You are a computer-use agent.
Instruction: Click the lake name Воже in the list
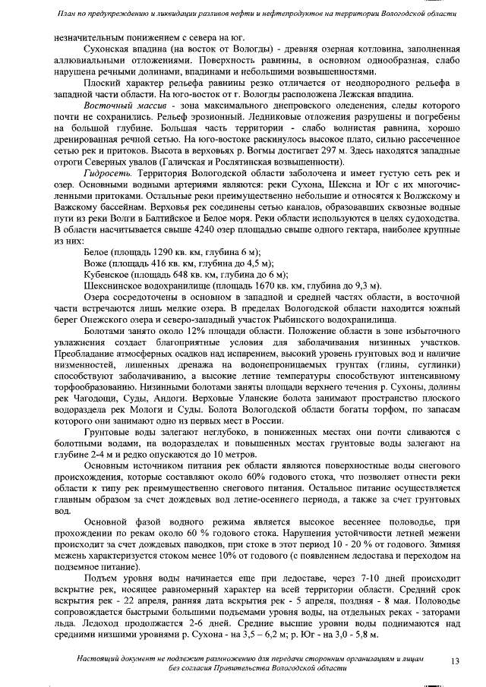tap(95, 263)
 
